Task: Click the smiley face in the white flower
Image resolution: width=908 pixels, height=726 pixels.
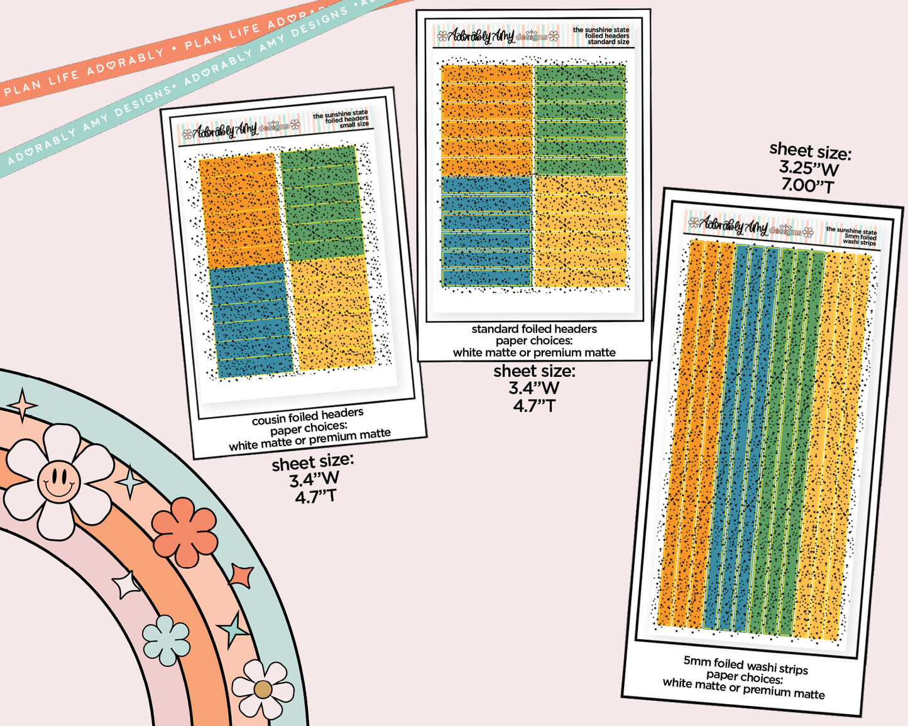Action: point(58,481)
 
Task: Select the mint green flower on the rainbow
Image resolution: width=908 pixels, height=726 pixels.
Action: point(166,640)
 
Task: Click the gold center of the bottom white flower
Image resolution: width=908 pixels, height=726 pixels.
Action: point(263,690)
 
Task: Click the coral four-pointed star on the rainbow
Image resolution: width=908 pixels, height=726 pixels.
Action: point(241,575)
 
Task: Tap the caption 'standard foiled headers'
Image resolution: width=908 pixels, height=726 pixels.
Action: point(534,329)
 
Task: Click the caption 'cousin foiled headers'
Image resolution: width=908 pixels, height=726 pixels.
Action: point(307,416)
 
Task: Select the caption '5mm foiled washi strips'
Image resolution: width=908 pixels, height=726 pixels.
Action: point(745,665)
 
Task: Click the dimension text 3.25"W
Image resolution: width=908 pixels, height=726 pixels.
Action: point(809,168)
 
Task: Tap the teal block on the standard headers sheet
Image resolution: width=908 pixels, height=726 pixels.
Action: point(486,231)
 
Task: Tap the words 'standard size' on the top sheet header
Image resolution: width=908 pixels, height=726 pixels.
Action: point(608,42)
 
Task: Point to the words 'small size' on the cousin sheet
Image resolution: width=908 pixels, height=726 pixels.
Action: point(354,125)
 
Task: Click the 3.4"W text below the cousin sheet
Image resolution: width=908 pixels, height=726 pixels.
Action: point(314,479)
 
